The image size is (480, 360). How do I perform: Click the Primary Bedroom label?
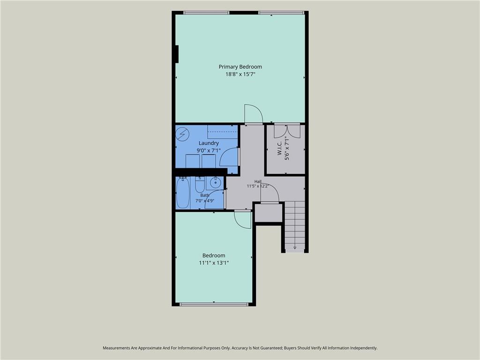click(240, 67)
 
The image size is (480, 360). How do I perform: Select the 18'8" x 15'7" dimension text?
click(240, 74)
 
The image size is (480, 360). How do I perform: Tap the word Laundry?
click(209, 143)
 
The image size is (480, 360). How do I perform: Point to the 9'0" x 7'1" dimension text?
click(209, 150)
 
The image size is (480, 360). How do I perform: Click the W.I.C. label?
click(279, 148)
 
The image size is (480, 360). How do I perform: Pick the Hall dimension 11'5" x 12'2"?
click(257, 186)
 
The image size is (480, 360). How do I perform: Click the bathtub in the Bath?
click(182, 193)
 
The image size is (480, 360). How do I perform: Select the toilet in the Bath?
click(200, 184)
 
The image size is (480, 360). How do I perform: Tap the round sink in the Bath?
click(215, 183)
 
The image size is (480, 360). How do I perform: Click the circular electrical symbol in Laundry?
click(182, 134)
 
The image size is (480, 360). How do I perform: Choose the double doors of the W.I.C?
click(287, 131)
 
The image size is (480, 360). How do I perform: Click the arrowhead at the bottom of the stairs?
click(295, 247)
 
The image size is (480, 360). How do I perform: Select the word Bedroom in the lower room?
click(214, 255)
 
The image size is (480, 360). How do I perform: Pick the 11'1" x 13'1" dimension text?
click(214, 262)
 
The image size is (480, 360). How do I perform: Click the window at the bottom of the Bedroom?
click(214, 304)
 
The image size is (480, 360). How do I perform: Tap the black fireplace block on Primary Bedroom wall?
click(177, 54)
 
